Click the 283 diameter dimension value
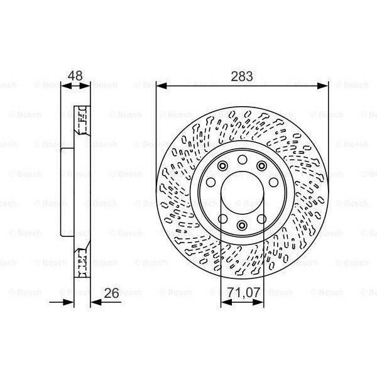click(x=242, y=77)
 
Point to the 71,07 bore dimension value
click(x=243, y=292)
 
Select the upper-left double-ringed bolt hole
click(x=222, y=166)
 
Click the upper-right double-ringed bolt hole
click(x=261, y=166)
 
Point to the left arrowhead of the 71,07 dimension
click(x=224, y=302)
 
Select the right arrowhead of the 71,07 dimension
click(x=260, y=302)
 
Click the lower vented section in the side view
click(x=80, y=263)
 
